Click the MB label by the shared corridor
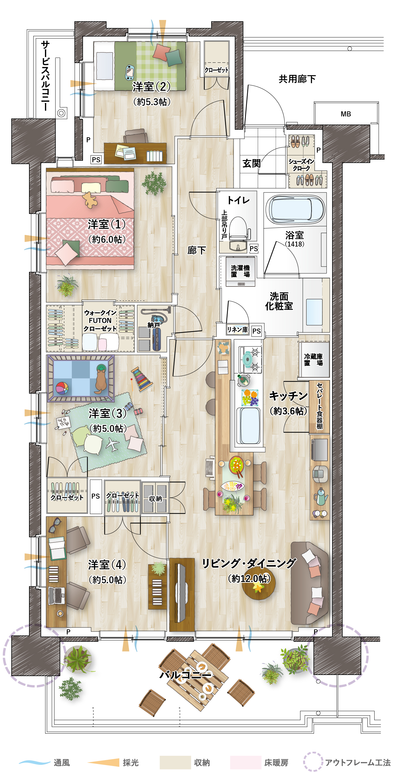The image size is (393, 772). coord(346,114)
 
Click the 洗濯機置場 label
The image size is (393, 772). coord(240,271)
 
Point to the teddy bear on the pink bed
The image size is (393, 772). coord(90,200)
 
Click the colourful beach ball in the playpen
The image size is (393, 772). coord(62,388)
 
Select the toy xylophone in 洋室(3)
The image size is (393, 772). coord(142,379)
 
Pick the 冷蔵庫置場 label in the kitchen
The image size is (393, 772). coord(313,359)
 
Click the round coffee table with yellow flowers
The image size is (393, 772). coord(258,587)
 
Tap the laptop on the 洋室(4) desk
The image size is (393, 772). coord(56,595)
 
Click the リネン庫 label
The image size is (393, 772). coord(237,330)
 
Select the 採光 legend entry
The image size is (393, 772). coord(130,762)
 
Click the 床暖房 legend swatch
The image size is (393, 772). coord(245,762)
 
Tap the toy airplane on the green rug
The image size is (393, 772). coord(112,444)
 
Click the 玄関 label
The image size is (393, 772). coord(252,163)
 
